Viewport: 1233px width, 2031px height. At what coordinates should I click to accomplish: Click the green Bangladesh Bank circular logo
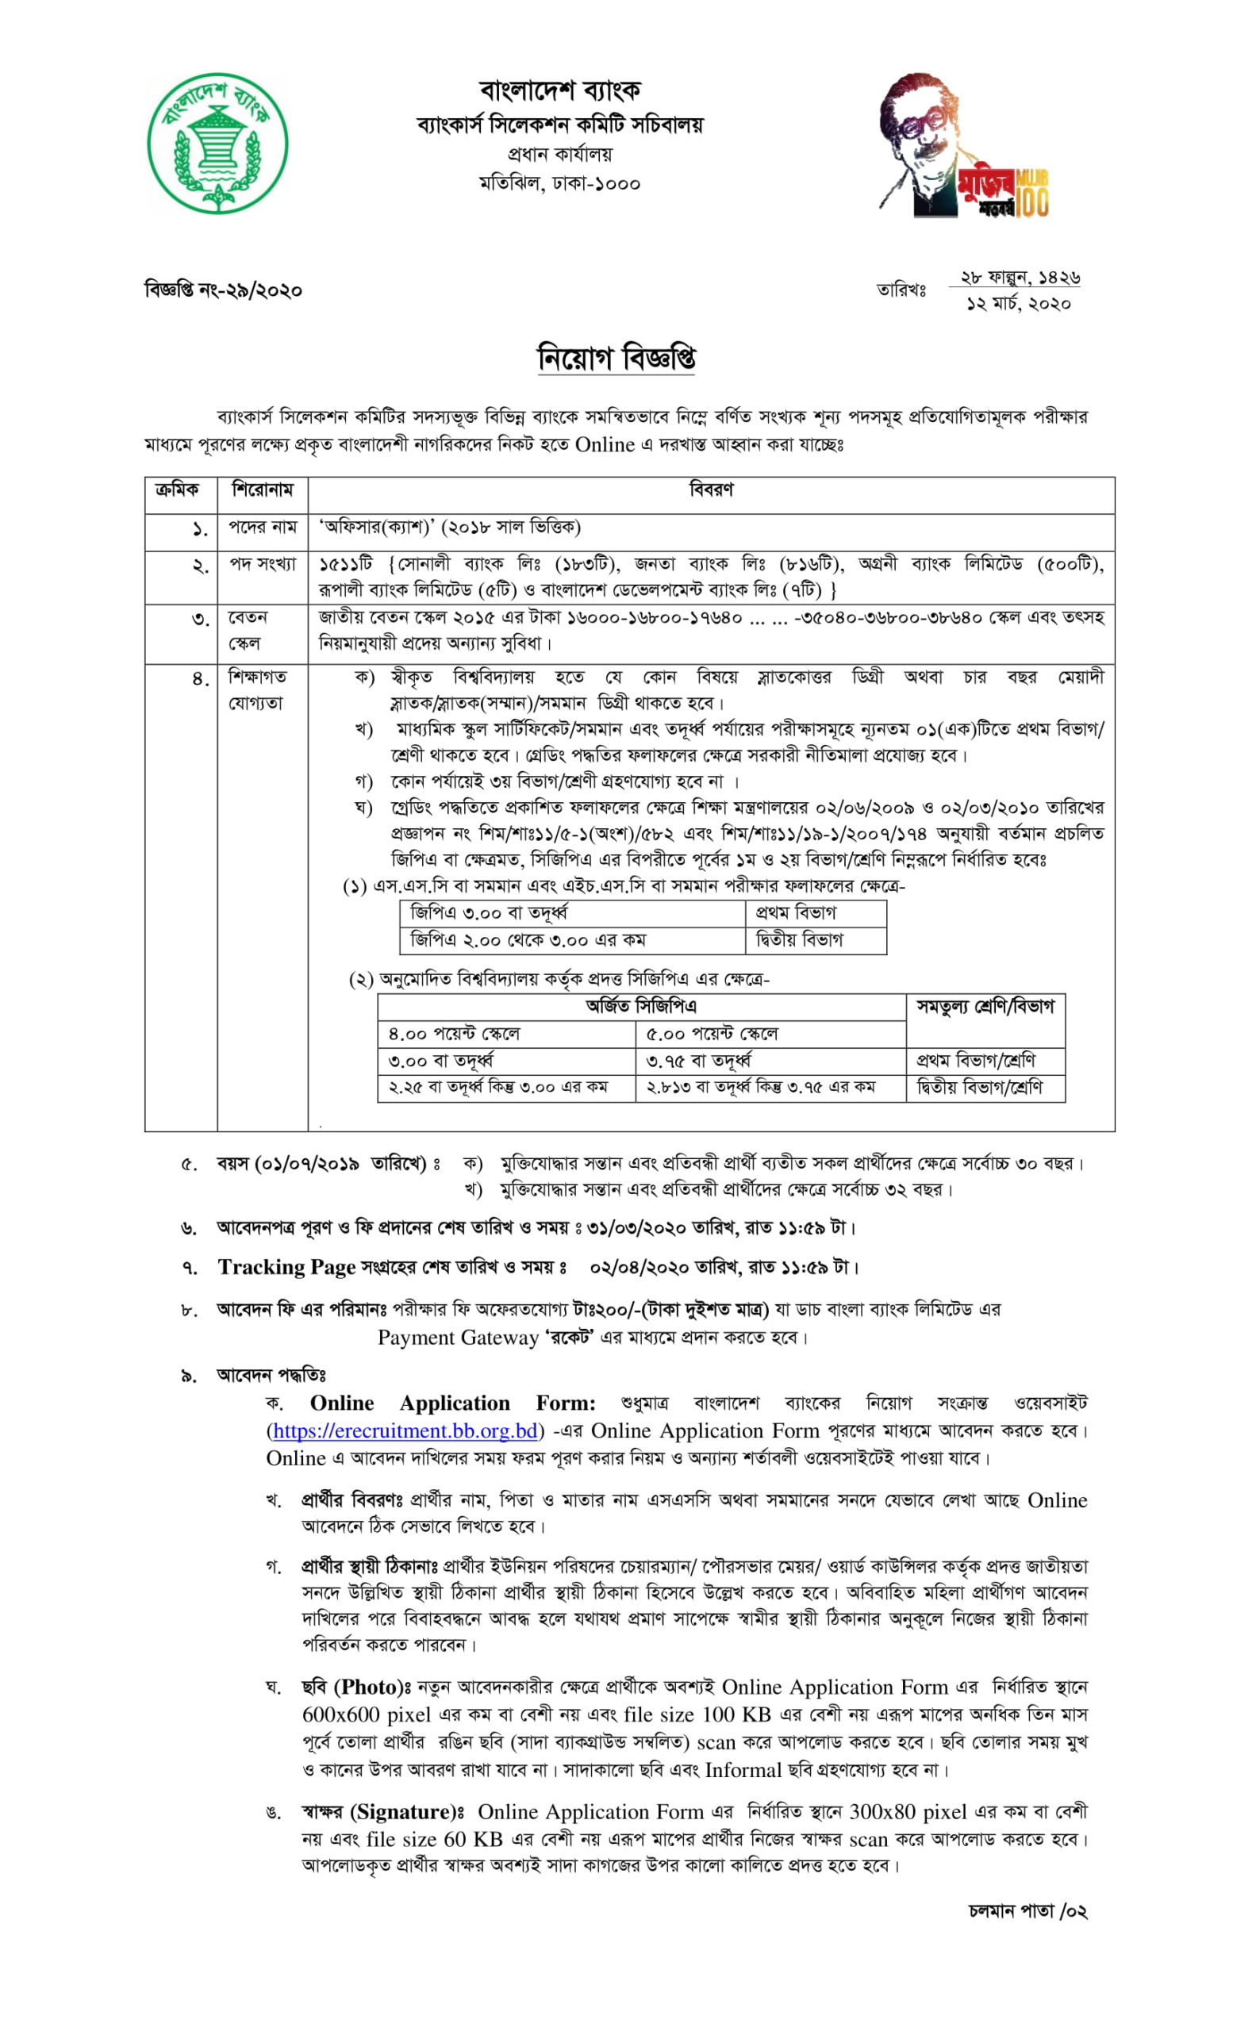pos(217,144)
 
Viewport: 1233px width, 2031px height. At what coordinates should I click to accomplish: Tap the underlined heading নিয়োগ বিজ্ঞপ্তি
pos(616,358)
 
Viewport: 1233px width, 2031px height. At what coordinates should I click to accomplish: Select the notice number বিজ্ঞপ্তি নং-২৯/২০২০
pos(224,290)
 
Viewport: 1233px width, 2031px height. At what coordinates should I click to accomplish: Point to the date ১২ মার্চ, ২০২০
pos(1018,304)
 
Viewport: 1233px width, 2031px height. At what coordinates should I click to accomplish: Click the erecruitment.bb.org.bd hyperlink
pos(405,1430)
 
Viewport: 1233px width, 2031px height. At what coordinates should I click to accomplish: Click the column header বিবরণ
pos(710,490)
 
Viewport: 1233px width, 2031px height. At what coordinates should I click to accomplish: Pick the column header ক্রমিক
pos(177,490)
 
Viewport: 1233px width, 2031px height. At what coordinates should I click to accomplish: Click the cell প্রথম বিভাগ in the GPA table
pos(795,912)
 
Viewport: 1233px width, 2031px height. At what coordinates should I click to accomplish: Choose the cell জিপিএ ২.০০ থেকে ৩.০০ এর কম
pos(528,939)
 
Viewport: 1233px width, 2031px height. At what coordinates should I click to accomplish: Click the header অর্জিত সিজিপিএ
pos(640,1007)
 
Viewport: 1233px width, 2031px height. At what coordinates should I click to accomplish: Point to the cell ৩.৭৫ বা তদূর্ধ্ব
pos(697,1060)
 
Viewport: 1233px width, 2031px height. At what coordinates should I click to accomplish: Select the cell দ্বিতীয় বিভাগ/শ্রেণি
pos(978,1087)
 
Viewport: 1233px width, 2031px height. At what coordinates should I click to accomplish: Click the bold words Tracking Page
pos(286,1267)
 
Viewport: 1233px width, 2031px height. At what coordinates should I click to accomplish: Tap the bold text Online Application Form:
pos(452,1403)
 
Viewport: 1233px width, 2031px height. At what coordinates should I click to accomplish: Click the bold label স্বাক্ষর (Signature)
pos(377,1812)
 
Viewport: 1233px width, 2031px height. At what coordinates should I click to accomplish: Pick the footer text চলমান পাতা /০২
pos(1027,1910)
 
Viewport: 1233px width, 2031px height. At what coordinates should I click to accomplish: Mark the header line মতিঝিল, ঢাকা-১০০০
pos(559,183)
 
